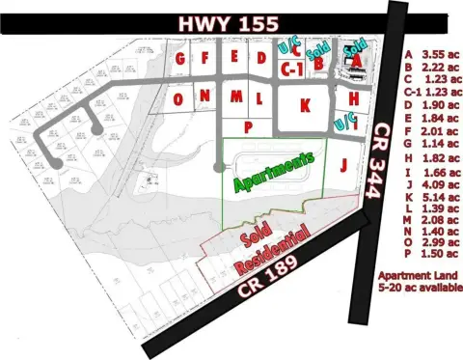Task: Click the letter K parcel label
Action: point(305,103)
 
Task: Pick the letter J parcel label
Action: point(342,164)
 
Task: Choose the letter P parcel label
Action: point(248,125)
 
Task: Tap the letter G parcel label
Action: point(180,58)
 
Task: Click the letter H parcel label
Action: point(354,98)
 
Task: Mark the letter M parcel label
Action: point(234,97)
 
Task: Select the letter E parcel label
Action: point(235,58)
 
